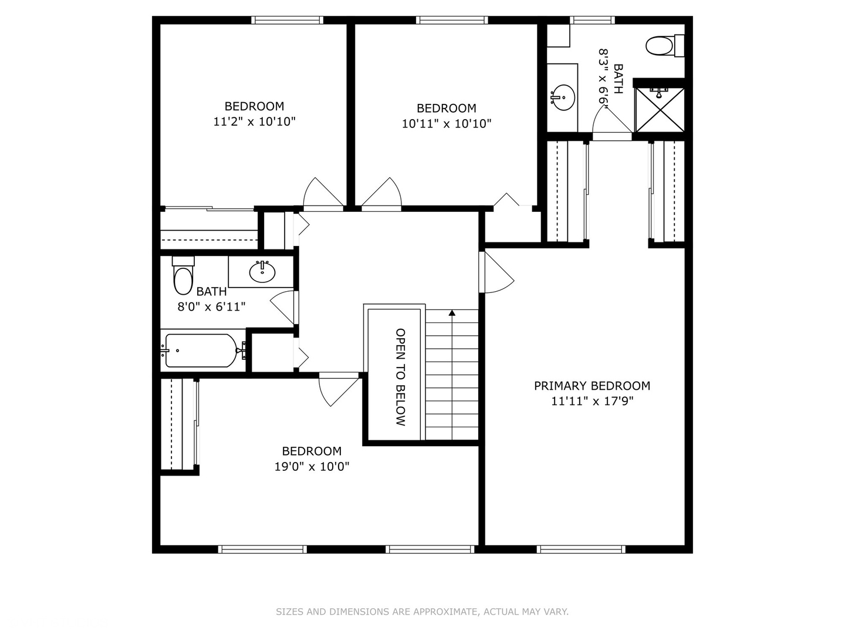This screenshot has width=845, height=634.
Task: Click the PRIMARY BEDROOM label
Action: pos(591,386)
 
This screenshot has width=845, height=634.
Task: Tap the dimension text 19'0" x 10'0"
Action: pos(312,467)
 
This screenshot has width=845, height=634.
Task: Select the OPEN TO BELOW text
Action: pos(400,377)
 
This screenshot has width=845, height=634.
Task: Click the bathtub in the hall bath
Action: pos(201,350)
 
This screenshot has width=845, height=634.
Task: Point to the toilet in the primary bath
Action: pos(664,46)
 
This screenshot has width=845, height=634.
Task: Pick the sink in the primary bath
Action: pos(563,97)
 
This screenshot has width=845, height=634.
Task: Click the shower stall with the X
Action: pos(660,110)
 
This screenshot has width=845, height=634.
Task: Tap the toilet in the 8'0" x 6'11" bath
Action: pos(183,276)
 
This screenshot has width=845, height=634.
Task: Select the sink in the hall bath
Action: pos(262,271)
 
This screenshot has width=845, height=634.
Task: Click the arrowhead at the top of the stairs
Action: pos(452,313)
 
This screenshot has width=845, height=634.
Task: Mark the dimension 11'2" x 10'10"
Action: pos(255,122)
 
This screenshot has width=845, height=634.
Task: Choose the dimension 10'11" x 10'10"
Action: pos(447,123)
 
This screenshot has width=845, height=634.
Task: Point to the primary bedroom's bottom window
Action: pos(581,549)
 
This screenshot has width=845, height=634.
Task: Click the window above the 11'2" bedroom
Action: pos(287,20)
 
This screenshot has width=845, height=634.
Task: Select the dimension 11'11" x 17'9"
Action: pos(592,402)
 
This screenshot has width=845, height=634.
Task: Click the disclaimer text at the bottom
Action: pos(422,612)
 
